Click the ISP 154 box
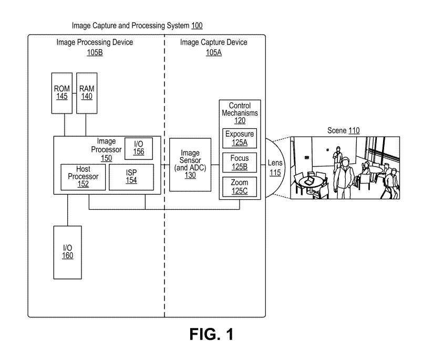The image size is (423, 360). click(131, 177)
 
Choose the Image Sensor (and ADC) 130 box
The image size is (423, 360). click(190, 164)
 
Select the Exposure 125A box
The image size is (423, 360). click(239, 138)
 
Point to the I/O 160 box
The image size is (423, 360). click(67, 252)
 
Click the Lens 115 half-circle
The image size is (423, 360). click(275, 168)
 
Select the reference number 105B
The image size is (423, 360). click(95, 53)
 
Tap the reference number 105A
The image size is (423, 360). click(213, 53)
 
